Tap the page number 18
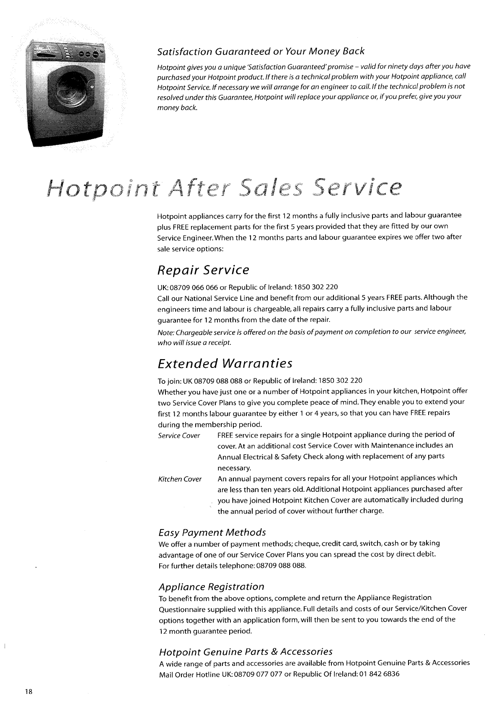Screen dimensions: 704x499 pyautogui.click(x=28, y=691)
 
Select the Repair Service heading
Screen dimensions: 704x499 pyautogui.click(x=203, y=270)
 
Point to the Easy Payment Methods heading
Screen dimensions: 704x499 pyautogui.click(x=212, y=532)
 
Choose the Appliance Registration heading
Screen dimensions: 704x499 pyautogui.click(x=212, y=587)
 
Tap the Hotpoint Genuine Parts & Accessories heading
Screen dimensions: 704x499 pyautogui.click(x=246, y=652)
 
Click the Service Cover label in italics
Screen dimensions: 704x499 pyautogui.click(x=179, y=436)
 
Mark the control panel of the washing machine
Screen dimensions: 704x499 pyautogui.click(x=67, y=53)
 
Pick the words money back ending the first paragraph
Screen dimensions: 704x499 pyautogui.click(x=176, y=108)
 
